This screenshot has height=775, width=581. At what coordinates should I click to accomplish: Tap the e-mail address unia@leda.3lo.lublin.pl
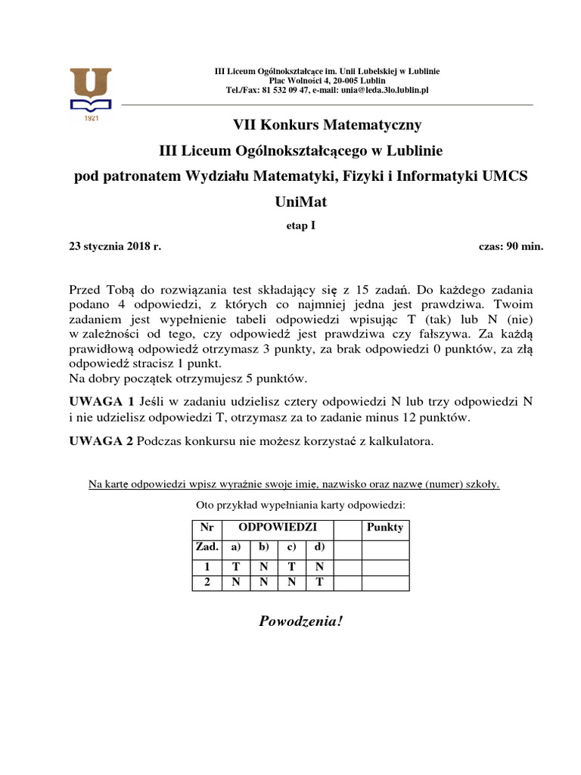tap(385, 89)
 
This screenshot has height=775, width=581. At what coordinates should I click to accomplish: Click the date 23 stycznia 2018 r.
tap(115, 247)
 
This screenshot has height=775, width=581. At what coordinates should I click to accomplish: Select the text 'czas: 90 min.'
tap(511, 247)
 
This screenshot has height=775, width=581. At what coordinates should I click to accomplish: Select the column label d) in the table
tap(318, 546)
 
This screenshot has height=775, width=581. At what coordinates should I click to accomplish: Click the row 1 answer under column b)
tap(263, 565)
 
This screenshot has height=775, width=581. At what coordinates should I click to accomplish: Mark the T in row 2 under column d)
tap(318, 582)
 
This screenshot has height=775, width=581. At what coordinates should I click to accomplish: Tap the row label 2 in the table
tap(206, 582)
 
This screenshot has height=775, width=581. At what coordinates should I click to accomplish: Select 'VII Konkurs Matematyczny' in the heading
tap(326, 124)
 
